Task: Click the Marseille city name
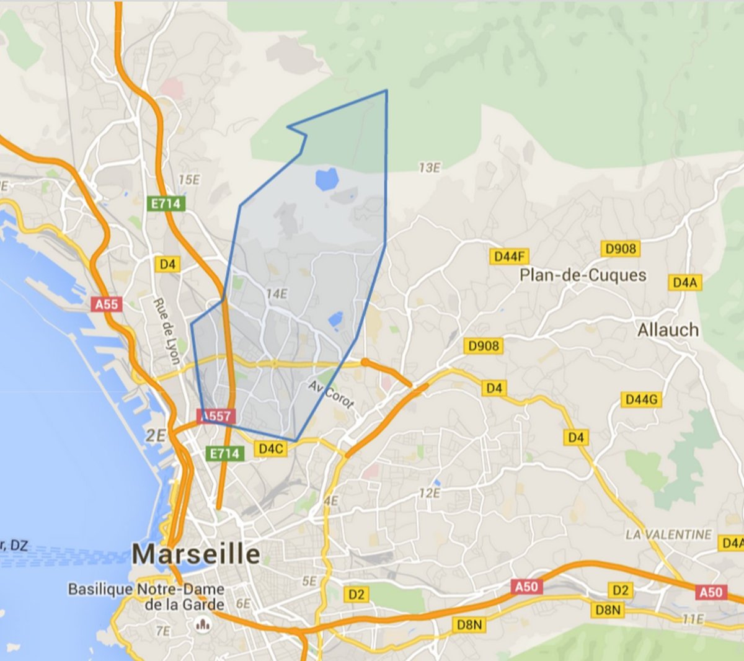tap(196, 554)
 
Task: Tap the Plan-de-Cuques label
tap(583, 275)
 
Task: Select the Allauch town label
tap(668, 330)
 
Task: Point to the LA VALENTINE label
tap(668, 535)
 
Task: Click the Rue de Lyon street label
tap(167, 331)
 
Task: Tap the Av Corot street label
tap(331, 395)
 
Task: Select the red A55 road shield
tap(106, 304)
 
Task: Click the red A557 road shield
tap(216, 416)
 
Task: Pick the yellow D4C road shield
tap(271, 448)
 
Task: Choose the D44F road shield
tap(510, 256)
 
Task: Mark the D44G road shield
tap(641, 399)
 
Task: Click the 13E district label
tap(429, 168)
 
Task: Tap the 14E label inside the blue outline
tap(277, 294)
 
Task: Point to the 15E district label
tap(189, 180)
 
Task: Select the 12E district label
tap(429, 494)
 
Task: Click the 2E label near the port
tap(156, 436)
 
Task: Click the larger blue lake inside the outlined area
tap(326, 179)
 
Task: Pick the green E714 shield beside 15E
tap(166, 203)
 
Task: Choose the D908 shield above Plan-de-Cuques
tap(621, 249)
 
